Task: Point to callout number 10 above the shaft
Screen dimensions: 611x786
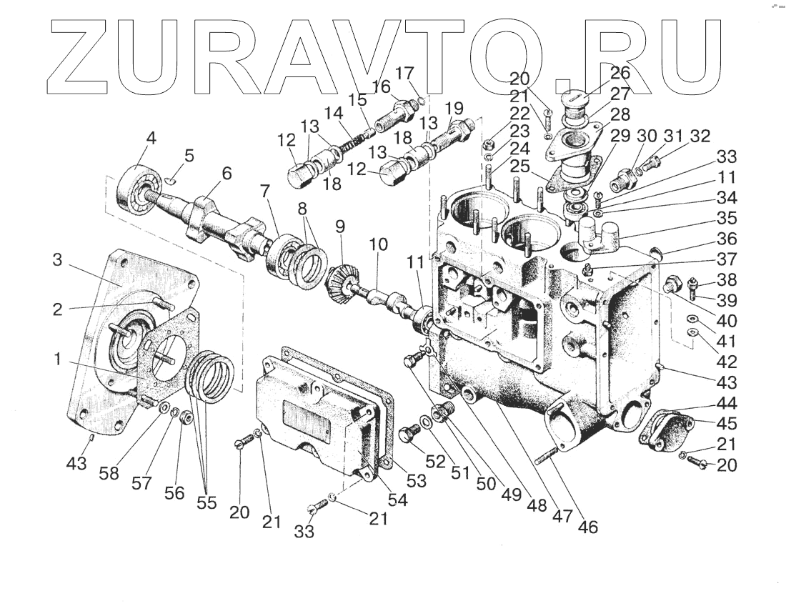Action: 378,245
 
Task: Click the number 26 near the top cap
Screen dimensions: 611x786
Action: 620,73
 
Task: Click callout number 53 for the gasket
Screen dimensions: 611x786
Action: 416,480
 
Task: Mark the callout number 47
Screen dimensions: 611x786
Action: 562,515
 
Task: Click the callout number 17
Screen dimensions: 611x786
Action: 404,74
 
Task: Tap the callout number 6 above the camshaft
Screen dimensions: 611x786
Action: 227,173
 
